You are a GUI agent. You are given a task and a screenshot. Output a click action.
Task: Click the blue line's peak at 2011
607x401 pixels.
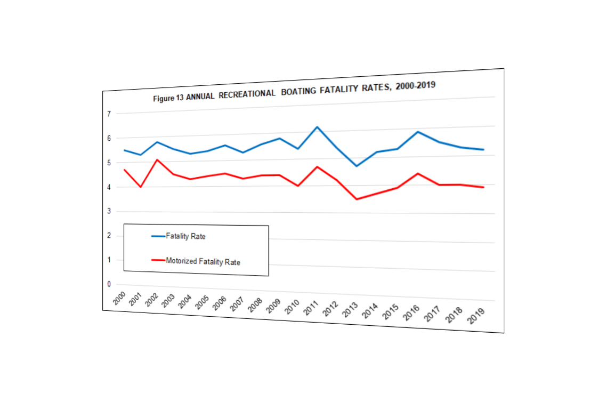pos(317,127)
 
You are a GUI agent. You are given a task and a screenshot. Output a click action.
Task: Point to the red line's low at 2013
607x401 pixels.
pos(356,199)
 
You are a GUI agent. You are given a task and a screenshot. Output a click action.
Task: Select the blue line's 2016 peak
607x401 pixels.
pos(418,132)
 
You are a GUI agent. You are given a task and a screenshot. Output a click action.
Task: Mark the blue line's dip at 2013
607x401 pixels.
pos(356,166)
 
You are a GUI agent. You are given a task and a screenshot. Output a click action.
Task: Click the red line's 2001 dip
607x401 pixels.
pos(141,187)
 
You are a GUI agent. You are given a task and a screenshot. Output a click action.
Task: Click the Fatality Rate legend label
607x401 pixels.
pos(185,236)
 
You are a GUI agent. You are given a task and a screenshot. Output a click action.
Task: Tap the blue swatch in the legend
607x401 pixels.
pos(158,236)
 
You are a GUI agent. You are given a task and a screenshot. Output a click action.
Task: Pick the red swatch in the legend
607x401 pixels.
pos(158,260)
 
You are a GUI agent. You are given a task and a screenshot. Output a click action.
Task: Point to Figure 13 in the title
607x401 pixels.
pos(168,99)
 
